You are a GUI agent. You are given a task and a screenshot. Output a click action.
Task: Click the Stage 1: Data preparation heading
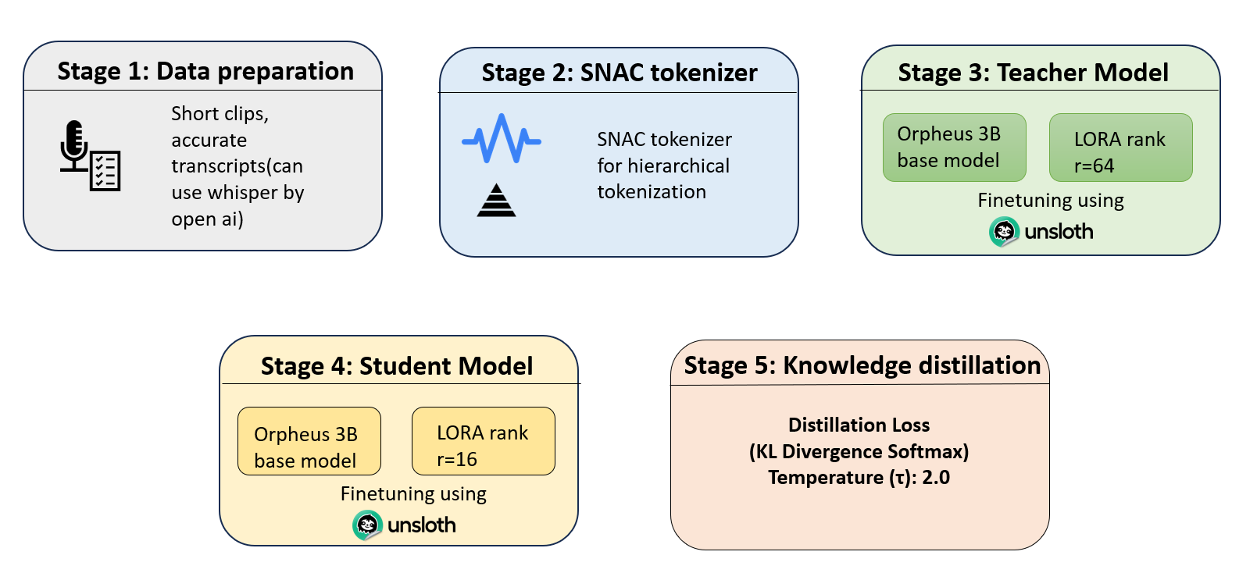pos(205,71)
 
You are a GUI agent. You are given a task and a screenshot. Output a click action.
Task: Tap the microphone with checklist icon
pos(90,156)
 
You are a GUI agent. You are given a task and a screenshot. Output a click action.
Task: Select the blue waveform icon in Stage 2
pos(502,140)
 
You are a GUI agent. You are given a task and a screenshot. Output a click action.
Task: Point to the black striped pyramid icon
pos(497,201)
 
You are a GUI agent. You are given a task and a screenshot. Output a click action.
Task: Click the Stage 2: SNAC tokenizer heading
pos(619,73)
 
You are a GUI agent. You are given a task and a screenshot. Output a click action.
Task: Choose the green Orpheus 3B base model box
pos(954,148)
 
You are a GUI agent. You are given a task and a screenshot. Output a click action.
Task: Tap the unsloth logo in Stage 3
pos(1041,231)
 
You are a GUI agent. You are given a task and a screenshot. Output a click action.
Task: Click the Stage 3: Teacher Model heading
pos(1033,73)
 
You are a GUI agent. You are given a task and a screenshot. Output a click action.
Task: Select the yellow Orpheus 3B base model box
pos(309,441)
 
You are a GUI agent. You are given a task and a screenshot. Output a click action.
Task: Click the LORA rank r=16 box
pos(483,441)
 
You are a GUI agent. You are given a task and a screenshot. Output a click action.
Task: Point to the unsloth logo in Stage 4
pos(405,525)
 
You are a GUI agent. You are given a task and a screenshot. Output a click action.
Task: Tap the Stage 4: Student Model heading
pos(397,366)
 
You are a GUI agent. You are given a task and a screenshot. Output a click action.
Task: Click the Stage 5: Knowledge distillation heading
pos(862,365)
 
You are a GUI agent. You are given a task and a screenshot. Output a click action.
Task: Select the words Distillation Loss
pos(859,425)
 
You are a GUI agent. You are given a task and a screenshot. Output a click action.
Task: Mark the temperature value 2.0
pos(935,478)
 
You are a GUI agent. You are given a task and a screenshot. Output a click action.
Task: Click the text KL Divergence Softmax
pos(859,451)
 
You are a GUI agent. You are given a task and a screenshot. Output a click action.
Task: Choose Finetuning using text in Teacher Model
pos(1050,201)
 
